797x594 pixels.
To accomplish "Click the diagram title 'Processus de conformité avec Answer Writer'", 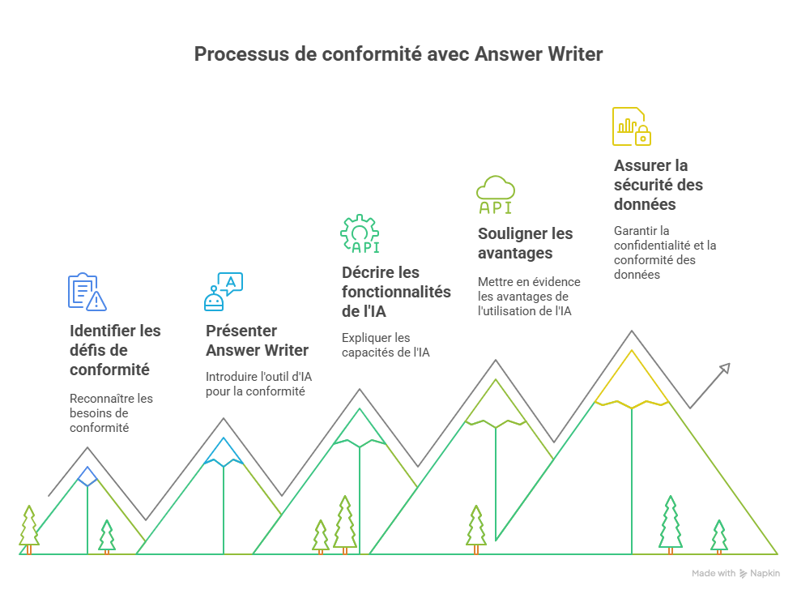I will pos(398,55).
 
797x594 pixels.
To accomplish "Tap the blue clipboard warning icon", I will pos(87,292).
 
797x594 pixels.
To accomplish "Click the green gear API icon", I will pos(360,234).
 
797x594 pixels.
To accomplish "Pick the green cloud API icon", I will pos(495,194).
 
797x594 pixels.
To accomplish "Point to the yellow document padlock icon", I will pos(632,126).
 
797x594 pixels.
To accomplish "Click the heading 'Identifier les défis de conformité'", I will pos(116,350).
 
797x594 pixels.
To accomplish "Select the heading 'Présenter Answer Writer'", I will pos(257,340).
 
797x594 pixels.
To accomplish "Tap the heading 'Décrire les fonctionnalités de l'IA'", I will pos(396,292).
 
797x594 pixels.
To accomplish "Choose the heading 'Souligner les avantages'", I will pos(525,243).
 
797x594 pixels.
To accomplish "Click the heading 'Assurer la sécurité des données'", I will pos(658,185).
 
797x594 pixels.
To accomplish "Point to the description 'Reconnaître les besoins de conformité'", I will pos(111,412).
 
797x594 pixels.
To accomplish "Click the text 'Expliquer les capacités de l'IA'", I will pos(385,344).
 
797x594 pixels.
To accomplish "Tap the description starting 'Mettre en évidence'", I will pos(529,296).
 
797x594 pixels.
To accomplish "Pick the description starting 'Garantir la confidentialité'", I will pos(664,252).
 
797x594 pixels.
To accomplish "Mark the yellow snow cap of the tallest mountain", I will pos(632,381).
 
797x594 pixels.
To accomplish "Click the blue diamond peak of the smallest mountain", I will pos(87,476).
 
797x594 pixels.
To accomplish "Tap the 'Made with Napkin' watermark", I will pos(735,573).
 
